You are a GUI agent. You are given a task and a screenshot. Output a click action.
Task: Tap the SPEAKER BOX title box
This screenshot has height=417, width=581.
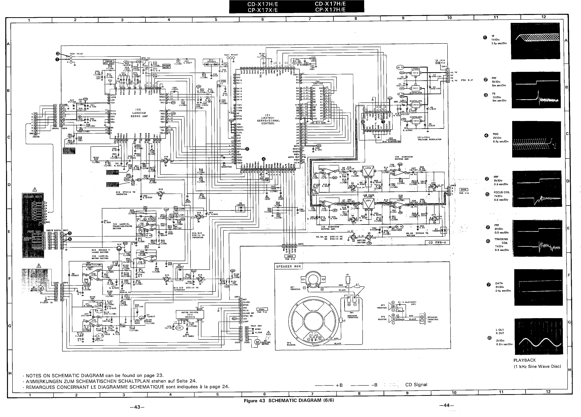click(289, 266)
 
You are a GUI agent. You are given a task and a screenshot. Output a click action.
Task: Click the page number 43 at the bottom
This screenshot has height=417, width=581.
click(137, 407)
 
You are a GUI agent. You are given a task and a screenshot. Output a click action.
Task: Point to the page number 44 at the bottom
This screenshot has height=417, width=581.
click(446, 405)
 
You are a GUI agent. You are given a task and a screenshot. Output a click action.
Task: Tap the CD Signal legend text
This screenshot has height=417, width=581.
click(416, 384)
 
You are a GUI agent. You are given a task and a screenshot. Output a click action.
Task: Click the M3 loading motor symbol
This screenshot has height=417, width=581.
click(257, 342)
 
